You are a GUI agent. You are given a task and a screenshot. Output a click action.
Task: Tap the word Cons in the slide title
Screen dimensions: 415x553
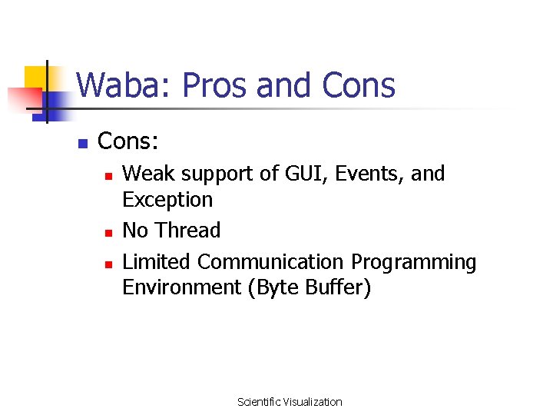click(359, 85)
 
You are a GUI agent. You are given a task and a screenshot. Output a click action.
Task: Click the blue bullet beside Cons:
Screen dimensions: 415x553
click(83, 143)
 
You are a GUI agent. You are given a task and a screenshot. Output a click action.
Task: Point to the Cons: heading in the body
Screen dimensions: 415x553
click(128, 141)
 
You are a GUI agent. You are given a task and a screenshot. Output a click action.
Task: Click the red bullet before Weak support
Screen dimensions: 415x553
click(109, 176)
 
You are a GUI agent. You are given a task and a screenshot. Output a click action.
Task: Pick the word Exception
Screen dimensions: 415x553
click(167, 200)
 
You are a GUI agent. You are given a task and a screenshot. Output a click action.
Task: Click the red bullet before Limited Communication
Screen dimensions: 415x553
click(109, 264)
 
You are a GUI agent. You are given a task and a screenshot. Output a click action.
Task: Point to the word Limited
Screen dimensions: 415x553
click(157, 262)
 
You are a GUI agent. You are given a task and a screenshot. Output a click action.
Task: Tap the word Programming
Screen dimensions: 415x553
click(414, 262)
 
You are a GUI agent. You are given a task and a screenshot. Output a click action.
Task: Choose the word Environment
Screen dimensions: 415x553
click(181, 287)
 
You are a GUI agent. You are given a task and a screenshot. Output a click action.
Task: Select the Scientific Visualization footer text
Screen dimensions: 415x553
click(290, 402)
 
